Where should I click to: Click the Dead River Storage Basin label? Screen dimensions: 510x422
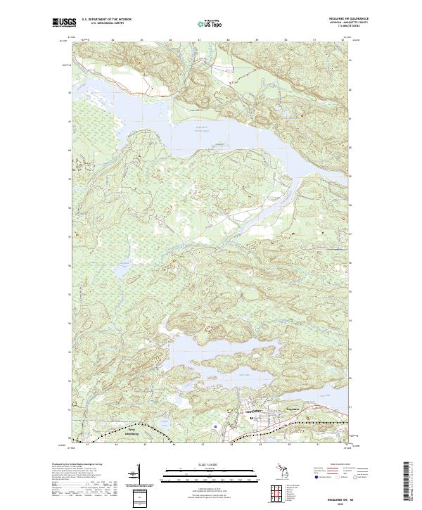point(204,128)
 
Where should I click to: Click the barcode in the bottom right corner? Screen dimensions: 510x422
point(406,482)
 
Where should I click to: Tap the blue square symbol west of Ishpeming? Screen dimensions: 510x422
point(215,426)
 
